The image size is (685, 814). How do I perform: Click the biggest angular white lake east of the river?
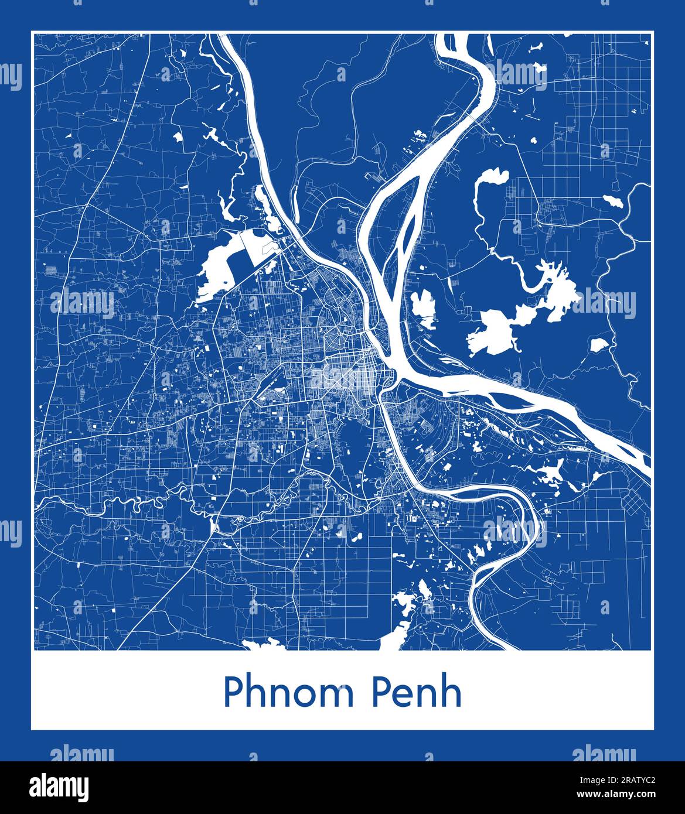491,331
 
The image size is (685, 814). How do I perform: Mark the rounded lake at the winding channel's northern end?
491,179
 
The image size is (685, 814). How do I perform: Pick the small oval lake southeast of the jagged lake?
598,344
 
